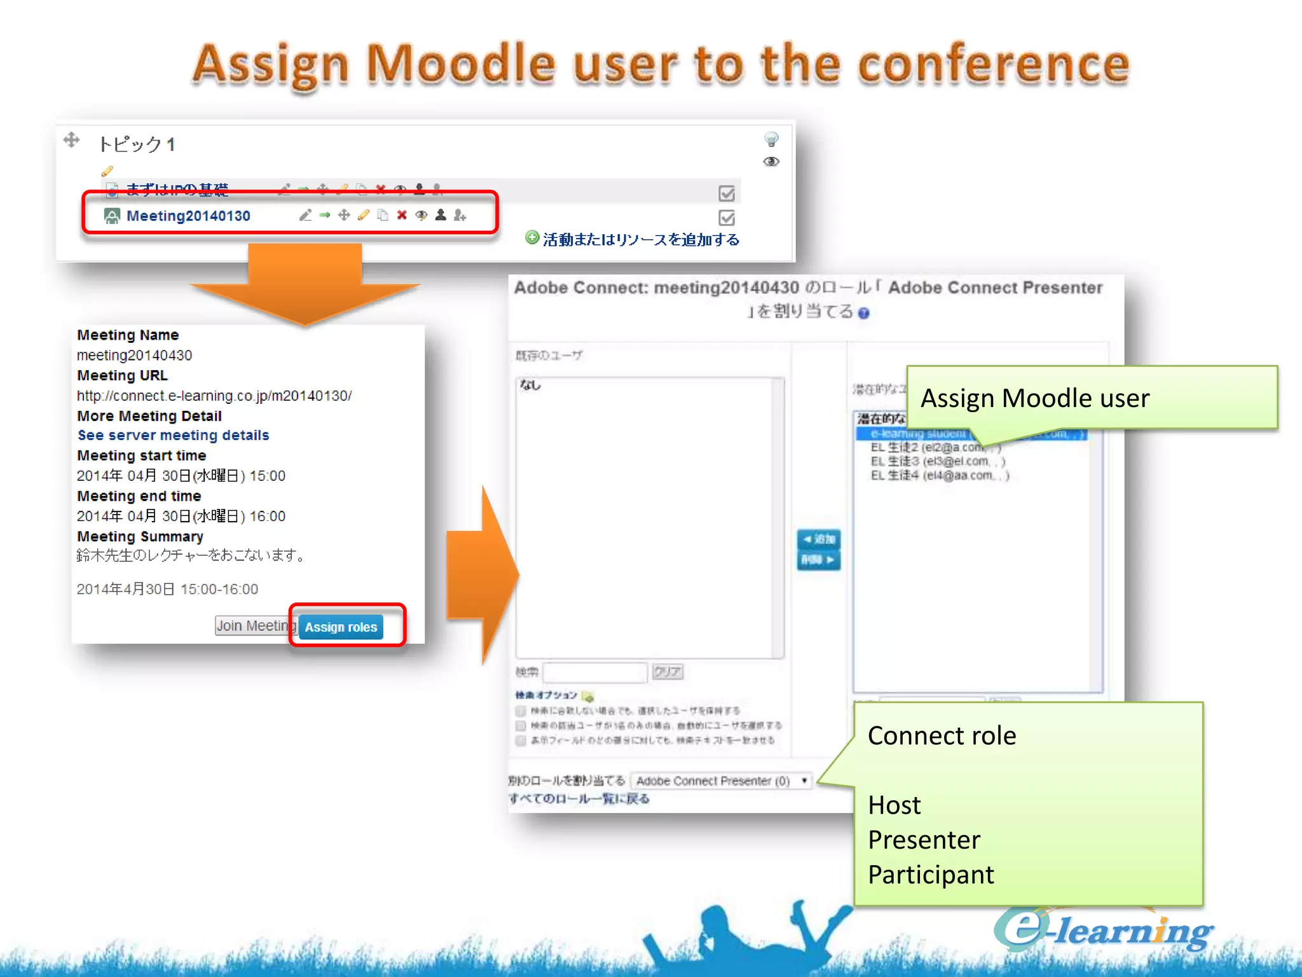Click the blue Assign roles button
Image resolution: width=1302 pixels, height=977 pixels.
341,627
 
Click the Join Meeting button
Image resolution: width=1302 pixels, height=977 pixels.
254,625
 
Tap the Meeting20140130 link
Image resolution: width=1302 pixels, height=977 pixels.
188,216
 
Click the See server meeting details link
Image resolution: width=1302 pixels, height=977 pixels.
173,435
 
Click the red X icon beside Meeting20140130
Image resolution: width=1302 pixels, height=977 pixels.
402,215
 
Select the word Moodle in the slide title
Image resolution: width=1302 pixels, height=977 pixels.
462,65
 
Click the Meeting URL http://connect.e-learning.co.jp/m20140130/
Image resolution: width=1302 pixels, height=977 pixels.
214,396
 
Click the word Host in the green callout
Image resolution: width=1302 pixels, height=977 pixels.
894,805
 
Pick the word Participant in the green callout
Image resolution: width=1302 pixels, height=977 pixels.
930,875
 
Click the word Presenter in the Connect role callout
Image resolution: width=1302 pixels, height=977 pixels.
924,840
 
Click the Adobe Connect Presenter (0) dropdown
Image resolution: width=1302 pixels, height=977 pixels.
722,780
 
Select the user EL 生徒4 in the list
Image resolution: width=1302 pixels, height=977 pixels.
938,476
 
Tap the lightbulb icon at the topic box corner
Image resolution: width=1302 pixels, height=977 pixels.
771,139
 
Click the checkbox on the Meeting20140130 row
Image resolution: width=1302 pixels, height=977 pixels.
727,218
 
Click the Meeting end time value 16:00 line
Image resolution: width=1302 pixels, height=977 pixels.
181,516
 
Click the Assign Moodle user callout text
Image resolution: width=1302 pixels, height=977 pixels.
1034,398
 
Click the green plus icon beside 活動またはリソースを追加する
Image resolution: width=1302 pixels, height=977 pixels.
531,238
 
